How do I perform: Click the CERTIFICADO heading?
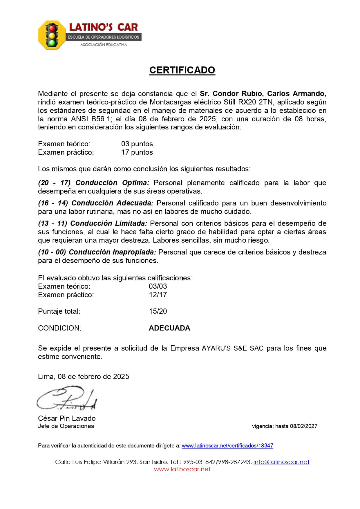point(182,70)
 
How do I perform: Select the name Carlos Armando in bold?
point(296,94)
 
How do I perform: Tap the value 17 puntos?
point(137,152)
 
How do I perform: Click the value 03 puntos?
point(137,144)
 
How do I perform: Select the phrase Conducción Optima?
point(112,183)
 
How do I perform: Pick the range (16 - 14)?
point(53,203)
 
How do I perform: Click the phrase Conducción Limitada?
point(109,223)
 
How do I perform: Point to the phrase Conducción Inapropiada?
point(113,252)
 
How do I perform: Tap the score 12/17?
point(158,295)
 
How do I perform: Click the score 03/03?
point(158,286)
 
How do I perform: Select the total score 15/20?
point(158,311)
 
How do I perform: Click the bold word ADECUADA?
point(169,328)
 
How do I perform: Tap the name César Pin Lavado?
point(67,418)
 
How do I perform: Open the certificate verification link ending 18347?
point(227,446)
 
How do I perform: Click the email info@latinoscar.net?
point(281,462)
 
